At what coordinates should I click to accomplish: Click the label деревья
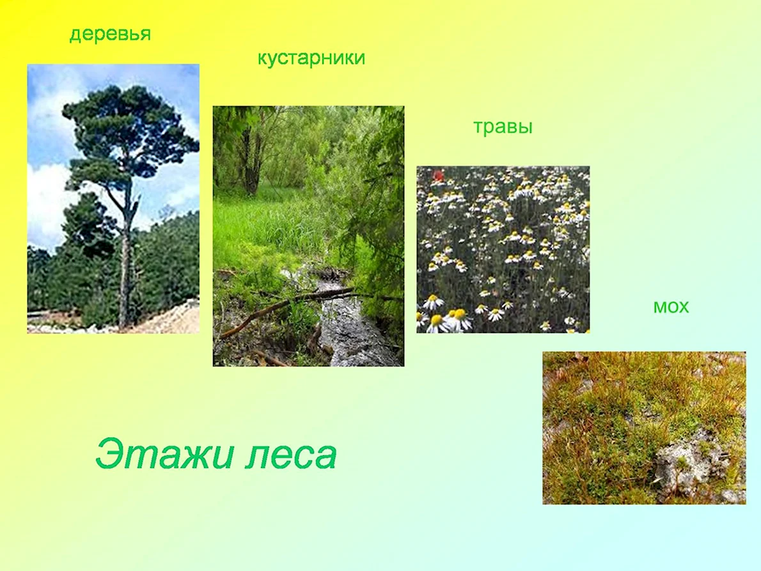tap(110, 35)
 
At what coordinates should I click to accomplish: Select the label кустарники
tap(311, 58)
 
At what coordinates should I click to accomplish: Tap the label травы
tap(503, 127)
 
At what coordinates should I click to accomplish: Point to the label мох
tap(671, 307)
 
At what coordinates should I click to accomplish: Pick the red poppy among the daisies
tap(438, 175)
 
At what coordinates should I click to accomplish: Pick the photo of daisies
tap(503, 249)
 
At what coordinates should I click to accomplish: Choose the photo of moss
tap(644, 428)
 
